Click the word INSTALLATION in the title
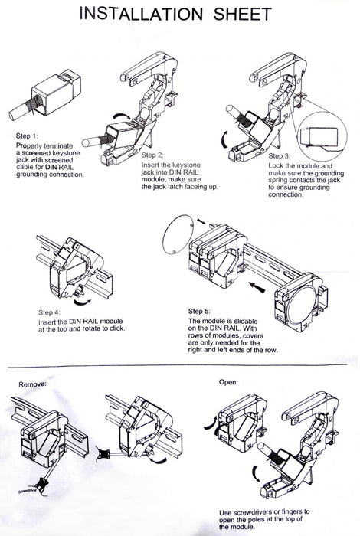pos(141,14)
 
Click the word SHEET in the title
pos(242,14)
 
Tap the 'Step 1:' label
pos(27,136)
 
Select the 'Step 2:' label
pos(152,155)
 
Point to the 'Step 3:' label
pos(279,156)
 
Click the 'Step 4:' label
pos(49,312)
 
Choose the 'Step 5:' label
pos(199,312)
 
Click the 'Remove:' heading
pos(32,384)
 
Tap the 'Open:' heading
pos(228,382)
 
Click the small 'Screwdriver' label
pos(27,492)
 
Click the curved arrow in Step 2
pos(122,116)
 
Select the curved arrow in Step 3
pos(223,140)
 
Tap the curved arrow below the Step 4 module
pos(83,302)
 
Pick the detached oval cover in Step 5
pos(178,234)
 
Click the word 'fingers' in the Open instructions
pos(293,511)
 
